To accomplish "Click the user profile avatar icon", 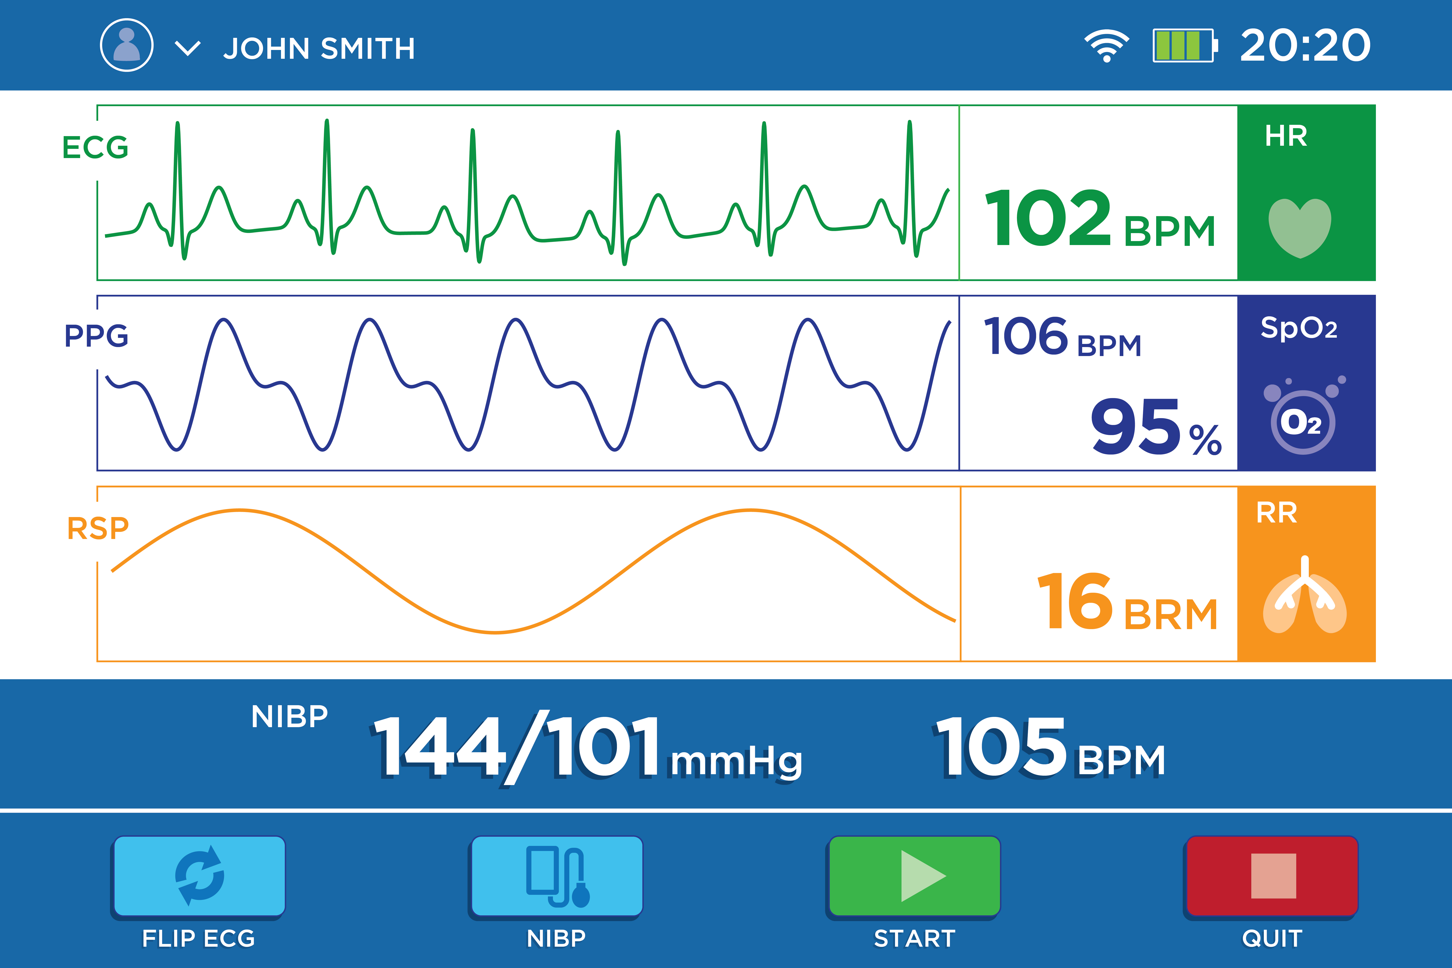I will pos(126,45).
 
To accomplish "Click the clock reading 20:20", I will pos(1305,45).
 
